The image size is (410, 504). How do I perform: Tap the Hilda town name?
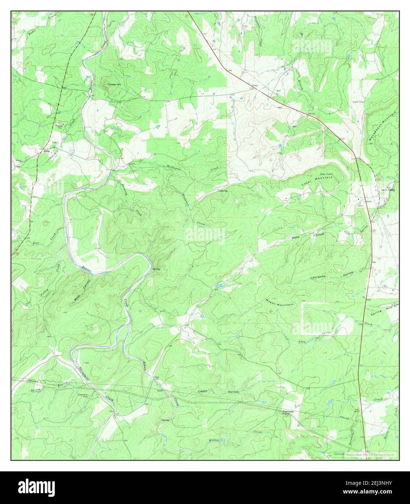(46, 152)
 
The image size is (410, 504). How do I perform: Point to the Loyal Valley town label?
(387, 190)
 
